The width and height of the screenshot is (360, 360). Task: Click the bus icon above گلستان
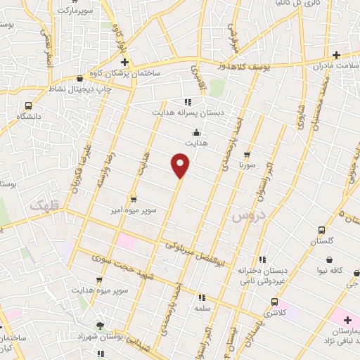pyautogui.click(x=322, y=229)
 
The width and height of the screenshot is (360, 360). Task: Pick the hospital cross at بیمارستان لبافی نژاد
pyautogui.click(x=347, y=320)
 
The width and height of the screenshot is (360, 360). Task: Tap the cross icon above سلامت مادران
pyautogui.click(x=336, y=55)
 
